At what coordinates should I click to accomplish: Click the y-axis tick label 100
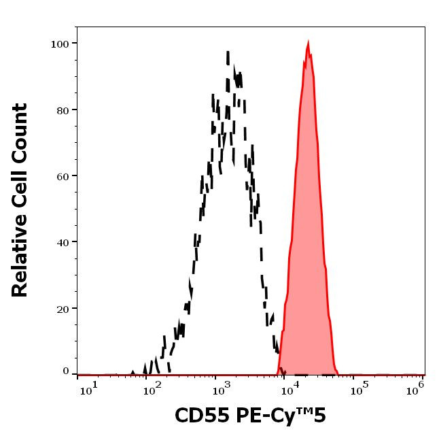tap(61, 44)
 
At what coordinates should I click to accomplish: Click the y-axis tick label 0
tap(67, 371)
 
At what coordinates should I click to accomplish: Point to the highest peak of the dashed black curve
tap(228, 52)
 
